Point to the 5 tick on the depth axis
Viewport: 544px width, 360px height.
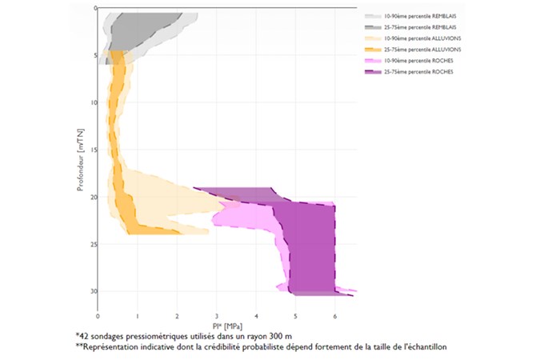94,56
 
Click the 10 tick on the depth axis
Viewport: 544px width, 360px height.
92,102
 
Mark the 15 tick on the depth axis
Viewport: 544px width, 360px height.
92,150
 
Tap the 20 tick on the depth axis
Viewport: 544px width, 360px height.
92,197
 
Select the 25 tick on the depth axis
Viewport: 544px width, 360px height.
92,244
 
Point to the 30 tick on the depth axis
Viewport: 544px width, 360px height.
92,291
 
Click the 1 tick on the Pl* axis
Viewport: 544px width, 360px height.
138,305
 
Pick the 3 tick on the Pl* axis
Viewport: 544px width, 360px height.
217,305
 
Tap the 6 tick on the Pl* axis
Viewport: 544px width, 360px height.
335,305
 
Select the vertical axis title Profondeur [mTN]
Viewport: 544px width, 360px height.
81,157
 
